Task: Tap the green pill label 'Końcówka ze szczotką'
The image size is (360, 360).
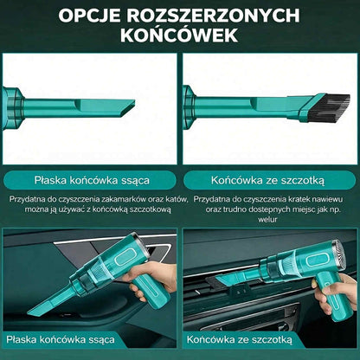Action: [x=267, y=181]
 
